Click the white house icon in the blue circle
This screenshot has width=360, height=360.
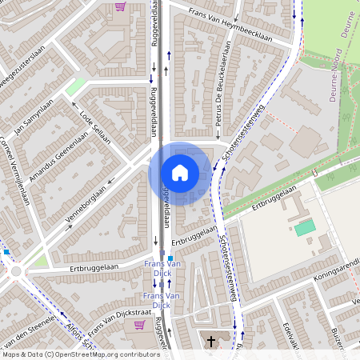180,172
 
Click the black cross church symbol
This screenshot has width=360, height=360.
212,342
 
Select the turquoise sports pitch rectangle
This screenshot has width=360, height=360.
305,229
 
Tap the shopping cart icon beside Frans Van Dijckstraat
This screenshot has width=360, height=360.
141,325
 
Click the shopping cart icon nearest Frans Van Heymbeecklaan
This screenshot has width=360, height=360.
121,6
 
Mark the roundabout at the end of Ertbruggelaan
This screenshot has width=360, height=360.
17,272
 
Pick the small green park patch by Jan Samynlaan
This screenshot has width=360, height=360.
75,86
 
